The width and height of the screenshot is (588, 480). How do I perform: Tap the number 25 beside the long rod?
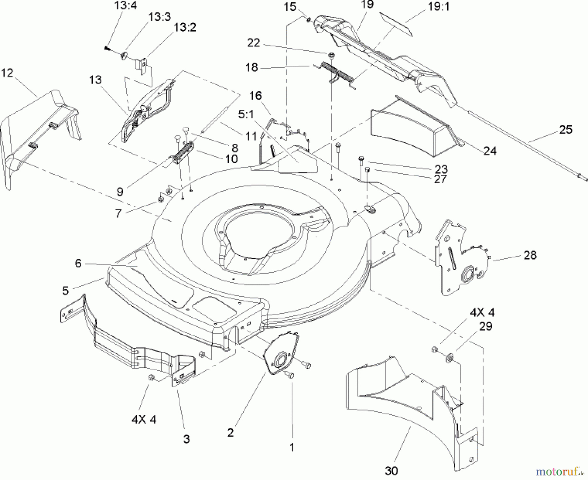point(566,130)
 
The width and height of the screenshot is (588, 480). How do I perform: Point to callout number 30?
point(391,471)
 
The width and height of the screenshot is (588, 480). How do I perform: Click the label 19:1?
point(439,7)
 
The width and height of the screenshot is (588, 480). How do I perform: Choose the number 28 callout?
point(530,255)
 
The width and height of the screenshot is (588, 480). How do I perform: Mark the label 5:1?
point(246,115)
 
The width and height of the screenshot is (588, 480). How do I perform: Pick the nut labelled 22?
point(331,54)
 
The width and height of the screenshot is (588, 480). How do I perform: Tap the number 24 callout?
point(490,151)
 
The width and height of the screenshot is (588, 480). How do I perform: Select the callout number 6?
point(78,263)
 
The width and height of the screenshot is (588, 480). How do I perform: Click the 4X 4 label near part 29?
point(482,312)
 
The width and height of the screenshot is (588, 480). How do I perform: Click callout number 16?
point(255,96)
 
